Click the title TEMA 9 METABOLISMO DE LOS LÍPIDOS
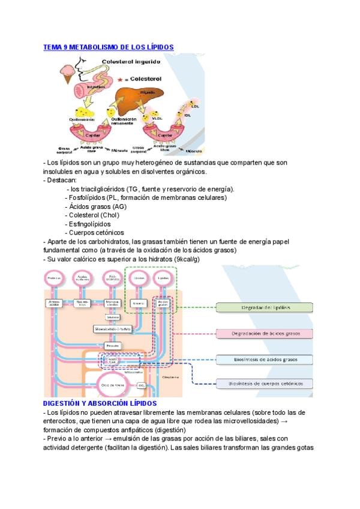(109, 46)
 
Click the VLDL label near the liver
(157, 118)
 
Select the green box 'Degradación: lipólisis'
(265, 308)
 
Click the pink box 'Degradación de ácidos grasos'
(265, 334)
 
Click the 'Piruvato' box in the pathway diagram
(112, 346)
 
